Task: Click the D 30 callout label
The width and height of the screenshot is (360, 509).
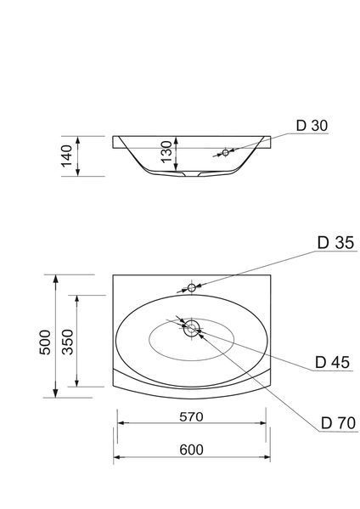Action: point(312,126)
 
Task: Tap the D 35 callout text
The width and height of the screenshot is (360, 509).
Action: point(335,243)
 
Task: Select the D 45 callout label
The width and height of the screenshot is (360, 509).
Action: point(333,362)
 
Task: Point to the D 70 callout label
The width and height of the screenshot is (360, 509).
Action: point(338,423)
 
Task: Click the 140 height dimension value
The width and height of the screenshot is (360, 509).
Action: point(67,156)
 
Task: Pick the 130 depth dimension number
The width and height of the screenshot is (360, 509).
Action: point(166,152)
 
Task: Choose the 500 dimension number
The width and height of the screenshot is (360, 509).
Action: point(45,342)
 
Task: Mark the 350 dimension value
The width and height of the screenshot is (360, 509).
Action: point(68,342)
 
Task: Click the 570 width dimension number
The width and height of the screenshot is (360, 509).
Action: point(191,417)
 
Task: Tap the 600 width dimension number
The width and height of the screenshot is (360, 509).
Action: point(191,450)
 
